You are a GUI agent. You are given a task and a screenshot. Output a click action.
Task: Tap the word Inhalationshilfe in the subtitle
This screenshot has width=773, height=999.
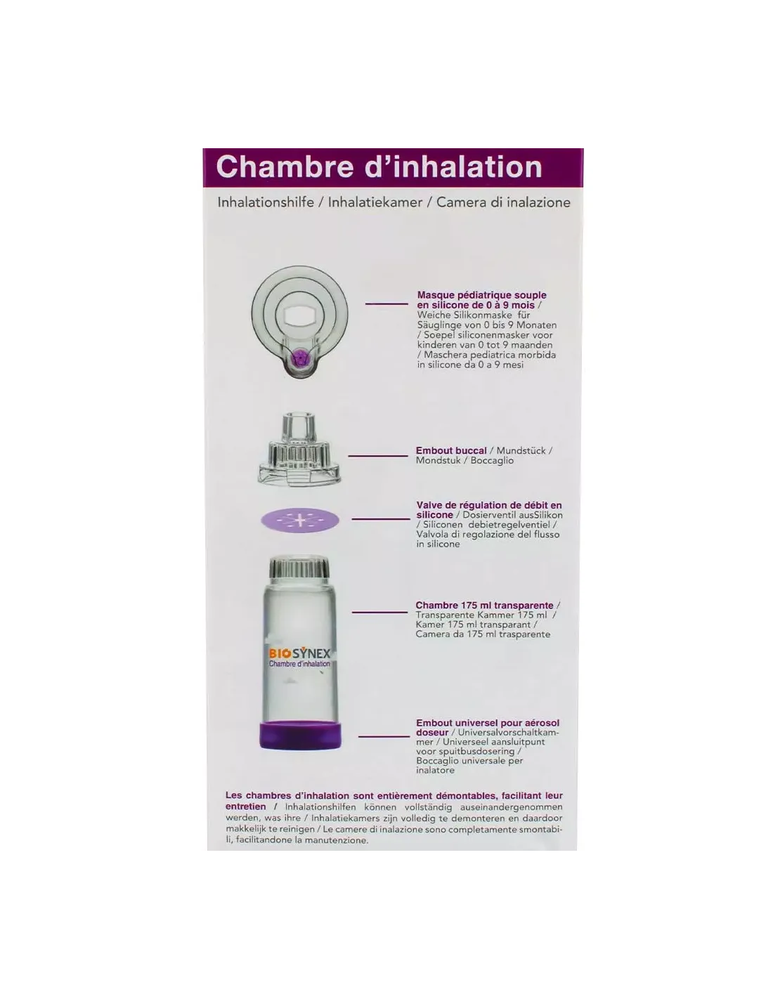tap(266, 202)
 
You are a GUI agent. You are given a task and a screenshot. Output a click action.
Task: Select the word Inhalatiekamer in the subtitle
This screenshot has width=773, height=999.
tap(375, 202)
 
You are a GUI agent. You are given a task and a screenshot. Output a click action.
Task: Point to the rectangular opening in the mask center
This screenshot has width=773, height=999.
tap(299, 317)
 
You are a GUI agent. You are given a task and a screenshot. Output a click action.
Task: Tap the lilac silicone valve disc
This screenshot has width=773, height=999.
tap(300, 521)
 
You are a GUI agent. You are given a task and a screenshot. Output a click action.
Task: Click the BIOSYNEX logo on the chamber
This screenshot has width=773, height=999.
tap(299, 653)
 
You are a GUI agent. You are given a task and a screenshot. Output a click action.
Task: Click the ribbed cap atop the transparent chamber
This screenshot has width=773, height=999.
tap(300, 567)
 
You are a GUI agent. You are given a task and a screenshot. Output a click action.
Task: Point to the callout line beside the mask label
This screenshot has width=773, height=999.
tap(386, 303)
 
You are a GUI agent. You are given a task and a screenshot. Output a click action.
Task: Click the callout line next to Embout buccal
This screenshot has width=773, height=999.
tap(378, 456)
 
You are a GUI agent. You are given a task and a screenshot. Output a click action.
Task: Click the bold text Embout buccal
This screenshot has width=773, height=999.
tap(451, 450)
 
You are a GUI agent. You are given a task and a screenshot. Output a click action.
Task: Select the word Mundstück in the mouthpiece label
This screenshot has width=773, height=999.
tap(521, 450)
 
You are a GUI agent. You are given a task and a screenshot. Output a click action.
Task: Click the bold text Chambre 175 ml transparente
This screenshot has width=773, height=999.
tap(484, 605)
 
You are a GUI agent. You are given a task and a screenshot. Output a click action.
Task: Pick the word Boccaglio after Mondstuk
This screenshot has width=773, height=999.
tap(492, 461)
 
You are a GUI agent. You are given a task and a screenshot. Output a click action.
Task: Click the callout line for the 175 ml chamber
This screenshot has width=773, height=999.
tap(380, 612)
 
